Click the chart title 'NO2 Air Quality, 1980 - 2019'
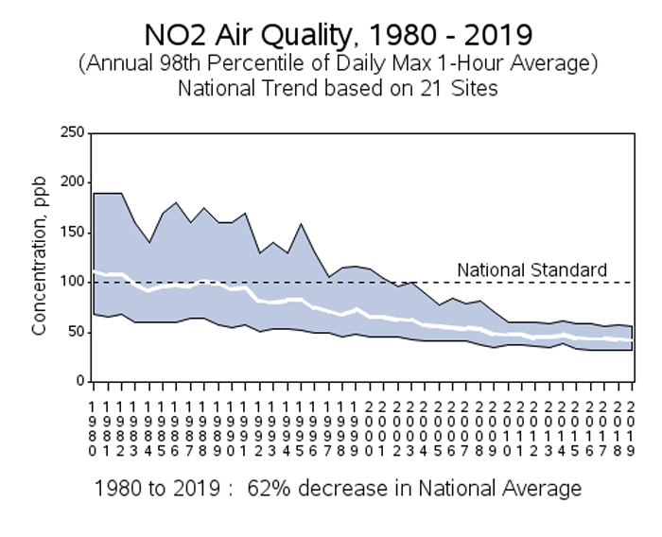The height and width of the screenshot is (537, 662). [x=338, y=36]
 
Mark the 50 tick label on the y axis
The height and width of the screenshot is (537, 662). [x=74, y=333]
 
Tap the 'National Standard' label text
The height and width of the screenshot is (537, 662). [x=531, y=270]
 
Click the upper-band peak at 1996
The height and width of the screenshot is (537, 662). [x=301, y=224]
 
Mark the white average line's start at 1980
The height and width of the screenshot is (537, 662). [x=94, y=271]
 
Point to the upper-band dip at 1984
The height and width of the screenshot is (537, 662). [x=148, y=242]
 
